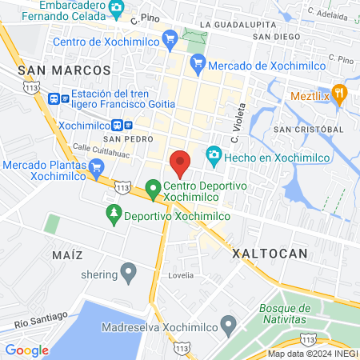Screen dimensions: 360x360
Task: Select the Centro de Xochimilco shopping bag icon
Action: coord(169,38)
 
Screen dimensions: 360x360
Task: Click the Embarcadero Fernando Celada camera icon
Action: coord(117,10)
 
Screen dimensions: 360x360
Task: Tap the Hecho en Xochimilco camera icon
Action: coord(214,154)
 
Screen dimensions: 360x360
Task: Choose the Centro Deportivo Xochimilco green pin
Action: coord(152,190)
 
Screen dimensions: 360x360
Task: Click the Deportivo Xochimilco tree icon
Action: coord(114,214)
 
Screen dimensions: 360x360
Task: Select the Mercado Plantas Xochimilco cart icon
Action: coord(97,167)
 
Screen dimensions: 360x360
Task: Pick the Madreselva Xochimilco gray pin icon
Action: coord(229,324)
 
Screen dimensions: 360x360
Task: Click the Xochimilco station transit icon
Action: coord(118,125)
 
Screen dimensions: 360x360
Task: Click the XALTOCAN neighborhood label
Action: coord(269,254)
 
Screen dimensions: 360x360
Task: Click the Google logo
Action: coord(26,350)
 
